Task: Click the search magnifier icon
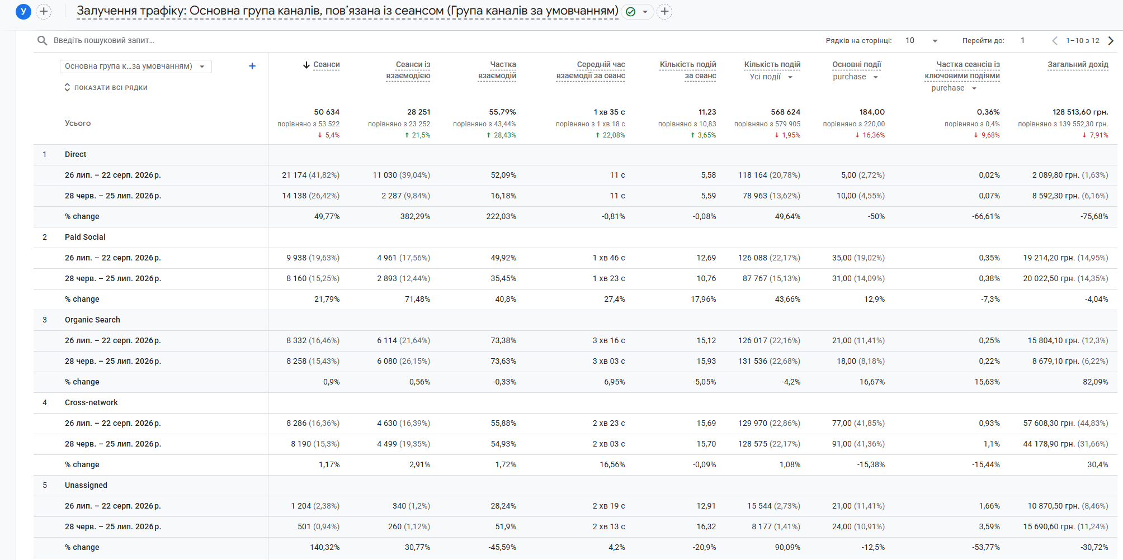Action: pyautogui.click(x=42, y=40)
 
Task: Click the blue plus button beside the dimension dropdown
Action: pyautogui.click(x=252, y=66)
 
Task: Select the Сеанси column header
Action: pyautogui.click(x=327, y=65)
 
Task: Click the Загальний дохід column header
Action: pyautogui.click(x=1078, y=65)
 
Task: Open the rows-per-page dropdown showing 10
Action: pyautogui.click(x=922, y=40)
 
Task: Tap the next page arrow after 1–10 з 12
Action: pyautogui.click(x=1111, y=40)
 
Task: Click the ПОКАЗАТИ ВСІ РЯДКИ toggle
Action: pyautogui.click(x=106, y=88)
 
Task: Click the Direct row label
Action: pyautogui.click(x=76, y=154)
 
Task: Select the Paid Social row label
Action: pyautogui.click(x=85, y=237)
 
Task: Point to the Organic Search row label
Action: pyautogui.click(x=92, y=320)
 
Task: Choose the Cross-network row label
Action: pyautogui.click(x=91, y=402)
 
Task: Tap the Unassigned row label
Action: pyautogui.click(x=86, y=485)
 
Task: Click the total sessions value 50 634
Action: pyautogui.click(x=327, y=112)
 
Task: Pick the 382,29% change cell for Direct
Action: pyautogui.click(x=415, y=216)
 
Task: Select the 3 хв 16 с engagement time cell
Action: pyautogui.click(x=608, y=340)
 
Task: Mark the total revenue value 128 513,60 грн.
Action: pyautogui.click(x=1080, y=112)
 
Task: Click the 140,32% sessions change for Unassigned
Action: pyautogui.click(x=325, y=547)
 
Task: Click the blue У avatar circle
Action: pyautogui.click(x=23, y=11)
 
